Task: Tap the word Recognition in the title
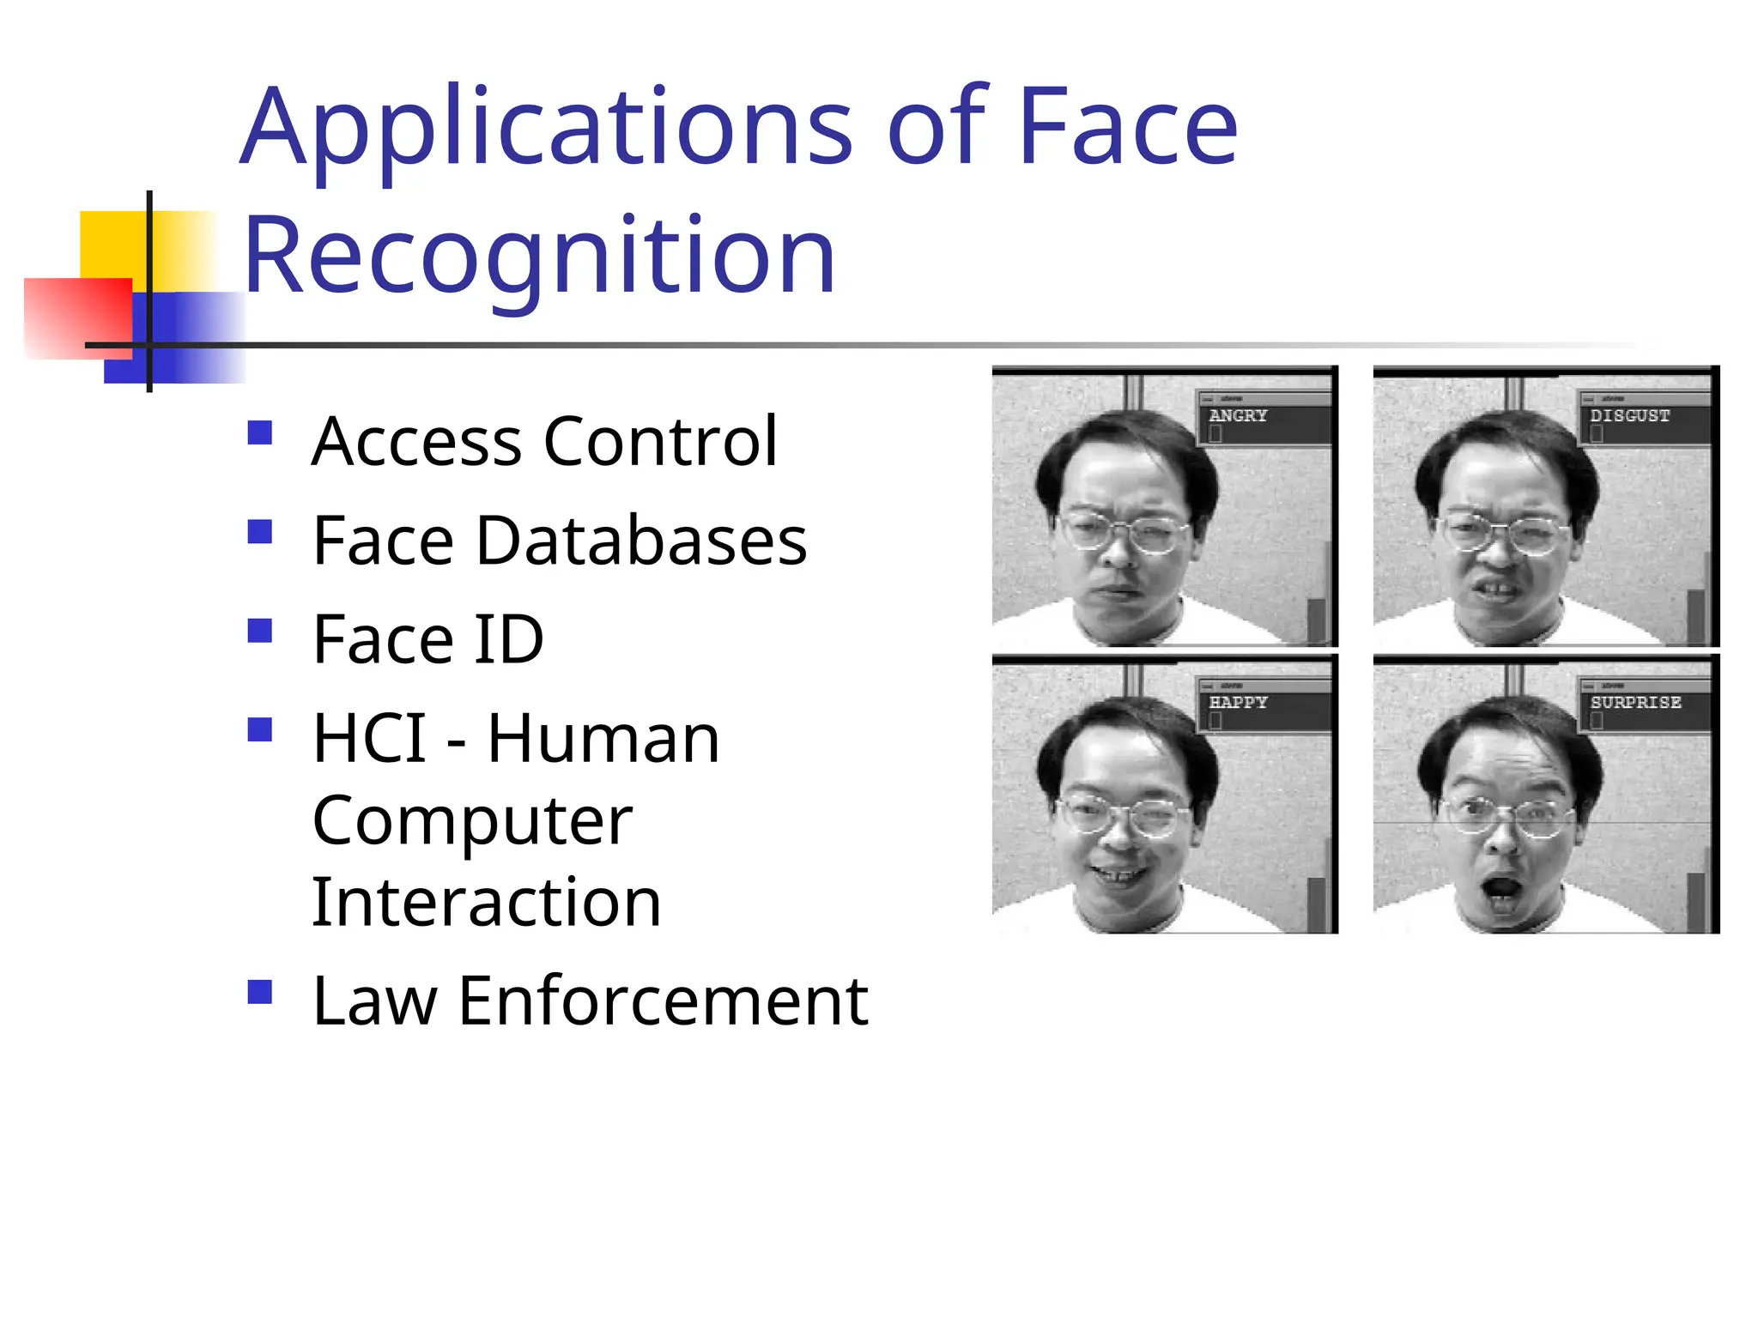539,256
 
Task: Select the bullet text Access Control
544,441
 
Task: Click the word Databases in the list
641,541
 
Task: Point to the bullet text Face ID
427,639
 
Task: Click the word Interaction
486,903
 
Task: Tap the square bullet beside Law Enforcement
259,992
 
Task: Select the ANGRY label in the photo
1238,415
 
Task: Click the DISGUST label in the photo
1629,415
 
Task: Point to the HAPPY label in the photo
1238,702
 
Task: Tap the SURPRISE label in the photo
1634,702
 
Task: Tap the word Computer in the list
472,820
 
